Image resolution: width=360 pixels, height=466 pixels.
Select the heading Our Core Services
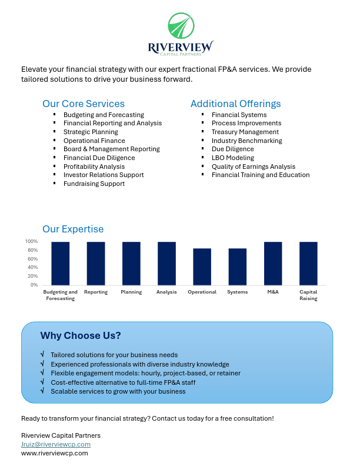84,104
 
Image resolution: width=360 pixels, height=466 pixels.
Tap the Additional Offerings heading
235,104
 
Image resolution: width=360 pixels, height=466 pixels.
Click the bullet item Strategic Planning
91,132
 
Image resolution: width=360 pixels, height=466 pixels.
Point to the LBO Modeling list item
233,158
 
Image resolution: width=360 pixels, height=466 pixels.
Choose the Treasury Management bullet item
237,132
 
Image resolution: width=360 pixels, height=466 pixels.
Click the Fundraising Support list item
94,184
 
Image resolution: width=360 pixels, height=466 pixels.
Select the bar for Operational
202,267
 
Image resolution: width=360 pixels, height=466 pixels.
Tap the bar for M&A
273,263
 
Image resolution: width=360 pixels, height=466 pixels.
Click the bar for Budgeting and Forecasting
61,263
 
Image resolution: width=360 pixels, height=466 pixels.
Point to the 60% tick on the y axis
31,259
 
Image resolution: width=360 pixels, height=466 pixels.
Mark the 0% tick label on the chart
34,285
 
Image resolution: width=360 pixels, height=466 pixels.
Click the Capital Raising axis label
308,295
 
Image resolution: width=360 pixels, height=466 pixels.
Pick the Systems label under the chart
237,292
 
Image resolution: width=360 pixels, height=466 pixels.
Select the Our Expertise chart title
73,229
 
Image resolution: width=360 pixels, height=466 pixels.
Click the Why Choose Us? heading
81,336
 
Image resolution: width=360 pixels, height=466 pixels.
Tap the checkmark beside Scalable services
42,391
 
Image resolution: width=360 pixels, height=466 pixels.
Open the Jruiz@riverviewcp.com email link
56,444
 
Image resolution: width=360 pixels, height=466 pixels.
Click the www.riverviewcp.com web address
55,453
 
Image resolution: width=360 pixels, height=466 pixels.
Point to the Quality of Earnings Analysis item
254,167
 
